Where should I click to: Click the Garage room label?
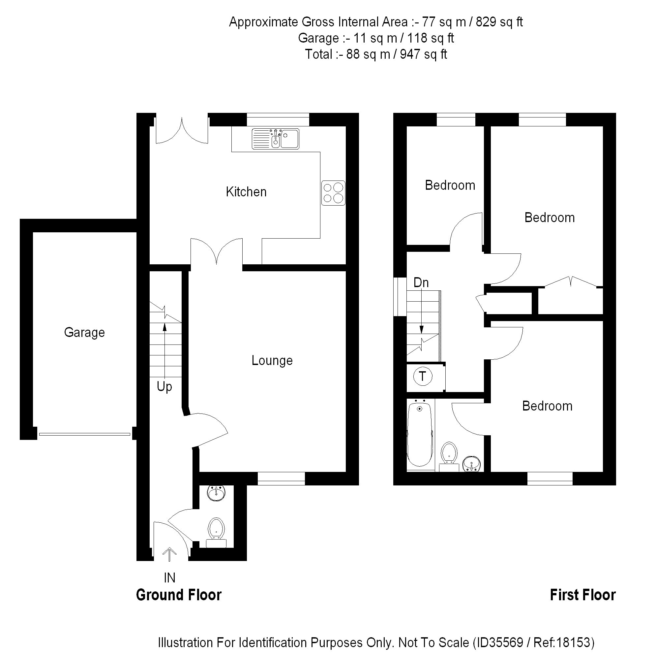click(x=84, y=332)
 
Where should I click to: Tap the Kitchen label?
click(x=246, y=192)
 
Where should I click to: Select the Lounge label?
click(x=272, y=361)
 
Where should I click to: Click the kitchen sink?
click(x=276, y=139)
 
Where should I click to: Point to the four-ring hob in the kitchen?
click(x=333, y=193)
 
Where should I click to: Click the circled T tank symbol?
click(x=423, y=377)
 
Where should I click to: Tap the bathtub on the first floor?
click(x=420, y=436)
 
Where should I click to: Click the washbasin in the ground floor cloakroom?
click(x=216, y=493)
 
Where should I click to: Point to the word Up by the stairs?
click(x=164, y=387)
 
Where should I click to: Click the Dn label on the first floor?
click(x=421, y=283)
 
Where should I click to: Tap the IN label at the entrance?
click(x=169, y=578)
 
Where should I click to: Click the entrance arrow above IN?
click(x=169, y=553)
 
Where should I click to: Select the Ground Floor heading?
click(x=179, y=595)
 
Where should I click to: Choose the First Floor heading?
click(x=582, y=595)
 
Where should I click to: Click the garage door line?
click(x=85, y=434)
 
